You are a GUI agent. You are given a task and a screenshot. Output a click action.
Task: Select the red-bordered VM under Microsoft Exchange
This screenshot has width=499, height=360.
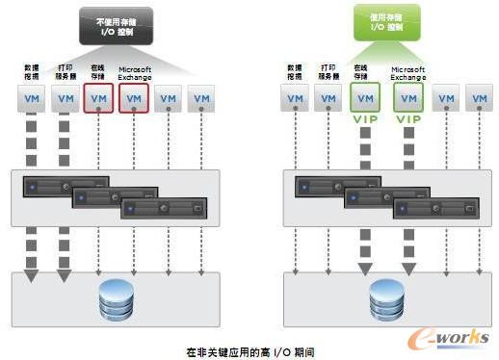pyautogui.click(x=134, y=98)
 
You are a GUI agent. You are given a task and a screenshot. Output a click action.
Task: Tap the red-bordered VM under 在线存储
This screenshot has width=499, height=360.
pyautogui.click(x=99, y=98)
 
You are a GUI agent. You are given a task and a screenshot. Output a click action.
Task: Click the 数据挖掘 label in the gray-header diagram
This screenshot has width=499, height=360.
pyautogui.click(x=30, y=71)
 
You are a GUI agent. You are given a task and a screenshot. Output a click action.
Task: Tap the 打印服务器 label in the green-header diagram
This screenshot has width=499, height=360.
pyautogui.click(x=328, y=71)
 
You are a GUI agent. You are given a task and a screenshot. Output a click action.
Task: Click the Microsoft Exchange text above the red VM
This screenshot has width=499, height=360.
pyautogui.click(x=135, y=73)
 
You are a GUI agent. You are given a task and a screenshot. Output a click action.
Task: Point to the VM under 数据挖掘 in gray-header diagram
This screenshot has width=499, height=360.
pyautogui.click(x=30, y=98)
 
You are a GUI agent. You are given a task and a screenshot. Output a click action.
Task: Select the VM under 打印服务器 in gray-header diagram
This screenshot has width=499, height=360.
pyautogui.click(x=65, y=98)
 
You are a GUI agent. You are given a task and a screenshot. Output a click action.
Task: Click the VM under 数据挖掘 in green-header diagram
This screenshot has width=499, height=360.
pyautogui.click(x=294, y=98)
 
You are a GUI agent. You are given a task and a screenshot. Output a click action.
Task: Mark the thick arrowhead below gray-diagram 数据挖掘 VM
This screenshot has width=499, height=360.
pyautogui.click(x=30, y=276)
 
